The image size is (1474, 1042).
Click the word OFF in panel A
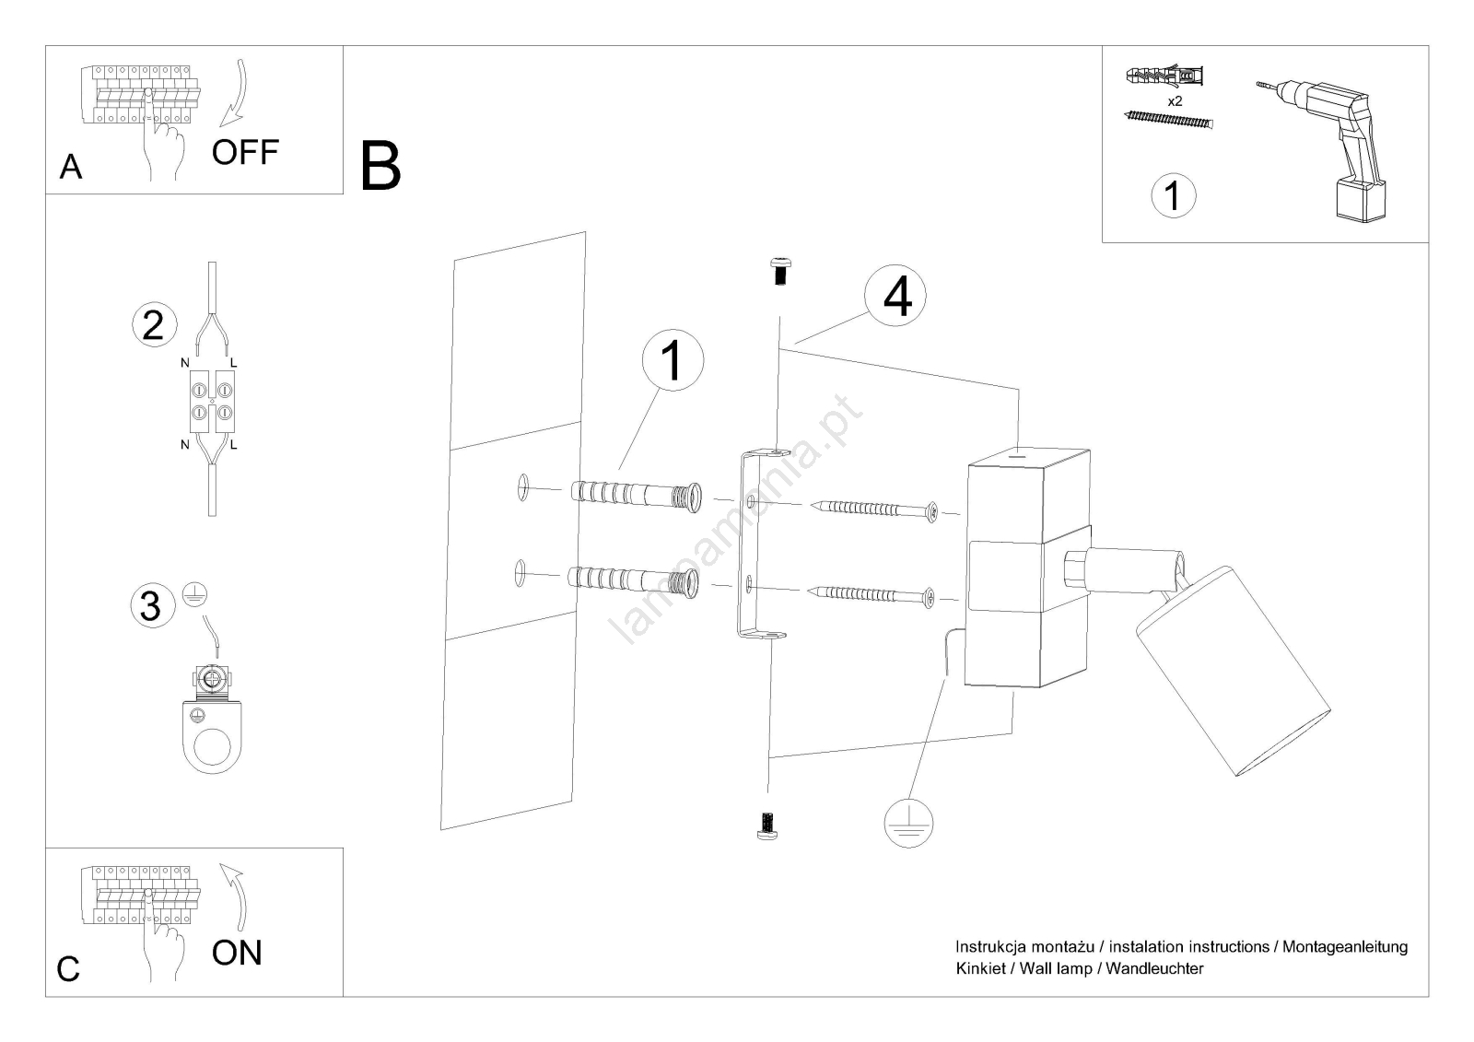[x=244, y=152]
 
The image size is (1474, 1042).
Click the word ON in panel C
[x=237, y=953]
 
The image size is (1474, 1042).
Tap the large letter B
[x=380, y=166]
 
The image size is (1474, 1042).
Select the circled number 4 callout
[x=896, y=297]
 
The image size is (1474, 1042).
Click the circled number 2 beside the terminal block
[x=154, y=325]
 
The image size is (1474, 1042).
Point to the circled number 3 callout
[x=150, y=605]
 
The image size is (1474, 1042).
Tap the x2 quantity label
[x=1175, y=101]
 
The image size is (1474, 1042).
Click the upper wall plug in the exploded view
[x=636, y=495]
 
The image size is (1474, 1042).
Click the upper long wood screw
[x=874, y=509]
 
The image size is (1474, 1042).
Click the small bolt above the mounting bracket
[x=779, y=271]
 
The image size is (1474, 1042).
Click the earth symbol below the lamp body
[x=908, y=820]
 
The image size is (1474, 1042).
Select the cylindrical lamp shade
[x=1231, y=671]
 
